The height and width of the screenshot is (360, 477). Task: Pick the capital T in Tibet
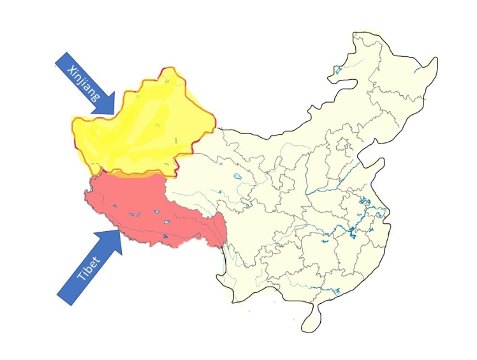coord(81,278)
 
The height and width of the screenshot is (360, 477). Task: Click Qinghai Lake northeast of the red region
coord(238,177)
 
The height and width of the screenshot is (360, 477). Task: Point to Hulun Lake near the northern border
coord(338,70)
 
